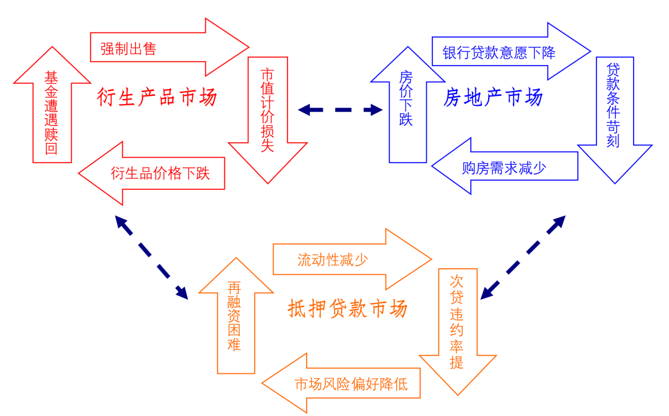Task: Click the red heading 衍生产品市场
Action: [x=157, y=97]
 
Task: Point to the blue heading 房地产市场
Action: [x=493, y=97]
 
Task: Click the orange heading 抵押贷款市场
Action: [x=348, y=308]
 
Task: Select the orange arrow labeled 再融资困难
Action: [x=236, y=316]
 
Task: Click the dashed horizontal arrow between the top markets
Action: [x=340, y=110]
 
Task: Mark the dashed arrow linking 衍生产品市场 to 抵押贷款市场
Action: [x=152, y=258]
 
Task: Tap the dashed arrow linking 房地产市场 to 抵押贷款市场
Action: [x=523, y=258]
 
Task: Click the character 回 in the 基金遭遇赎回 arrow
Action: [x=51, y=149]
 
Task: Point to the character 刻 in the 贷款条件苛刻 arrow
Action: [x=613, y=141]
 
